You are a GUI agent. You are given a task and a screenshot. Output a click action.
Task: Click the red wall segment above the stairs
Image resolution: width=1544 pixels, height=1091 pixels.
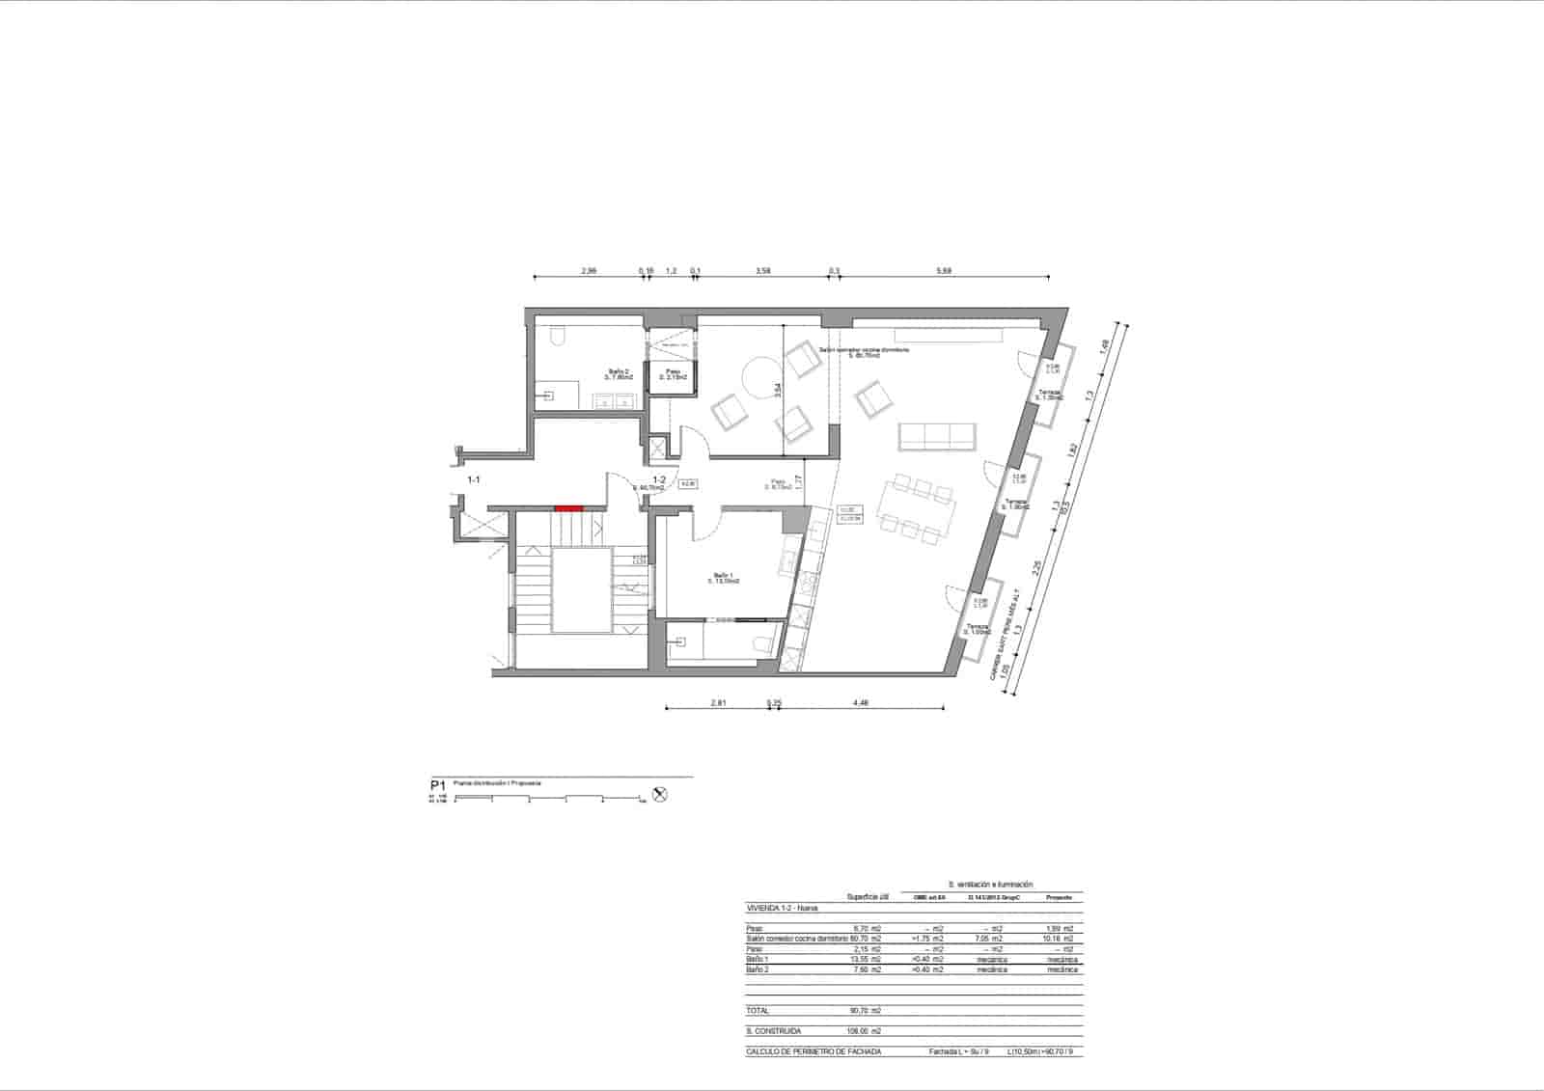pos(568,507)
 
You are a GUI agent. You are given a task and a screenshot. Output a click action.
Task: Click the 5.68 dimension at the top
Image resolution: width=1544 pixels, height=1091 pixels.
pos(944,272)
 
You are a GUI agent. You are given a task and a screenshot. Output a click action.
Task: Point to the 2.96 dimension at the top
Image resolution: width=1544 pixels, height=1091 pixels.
pos(589,272)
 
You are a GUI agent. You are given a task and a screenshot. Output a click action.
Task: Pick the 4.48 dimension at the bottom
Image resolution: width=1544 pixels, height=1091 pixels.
pos(861,703)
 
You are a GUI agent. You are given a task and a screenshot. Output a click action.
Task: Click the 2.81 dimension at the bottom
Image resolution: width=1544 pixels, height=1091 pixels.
pos(718,703)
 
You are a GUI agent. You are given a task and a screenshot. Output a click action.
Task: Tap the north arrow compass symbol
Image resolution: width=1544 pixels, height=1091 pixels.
pos(660,795)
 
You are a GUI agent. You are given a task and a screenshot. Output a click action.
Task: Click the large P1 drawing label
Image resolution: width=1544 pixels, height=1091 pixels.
pos(438,785)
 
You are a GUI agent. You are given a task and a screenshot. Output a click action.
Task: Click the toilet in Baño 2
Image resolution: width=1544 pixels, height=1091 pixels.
pos(557,335)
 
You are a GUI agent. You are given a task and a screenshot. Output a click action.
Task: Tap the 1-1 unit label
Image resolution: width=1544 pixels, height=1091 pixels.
pos(474,479)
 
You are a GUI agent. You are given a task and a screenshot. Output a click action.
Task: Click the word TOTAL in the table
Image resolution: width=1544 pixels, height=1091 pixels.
pos(758,1011)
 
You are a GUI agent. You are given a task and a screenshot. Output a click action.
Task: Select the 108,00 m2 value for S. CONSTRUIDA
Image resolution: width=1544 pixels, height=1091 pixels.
pos(863,1031)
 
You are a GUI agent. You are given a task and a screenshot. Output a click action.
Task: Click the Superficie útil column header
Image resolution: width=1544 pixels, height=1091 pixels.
pos(867,896)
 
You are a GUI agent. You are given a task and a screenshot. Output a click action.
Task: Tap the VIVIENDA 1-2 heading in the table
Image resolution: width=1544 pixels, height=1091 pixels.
pos(782,909)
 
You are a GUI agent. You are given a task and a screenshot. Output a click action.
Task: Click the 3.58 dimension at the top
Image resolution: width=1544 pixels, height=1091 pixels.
pos(762,272)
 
